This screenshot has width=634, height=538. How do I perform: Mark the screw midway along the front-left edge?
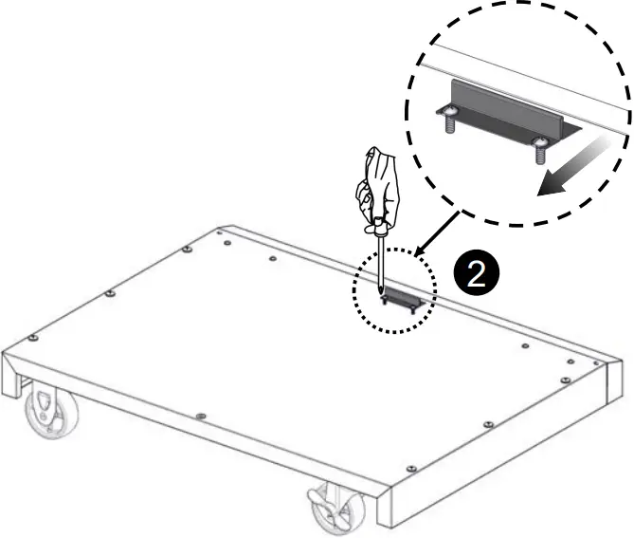tap(201, 416)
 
